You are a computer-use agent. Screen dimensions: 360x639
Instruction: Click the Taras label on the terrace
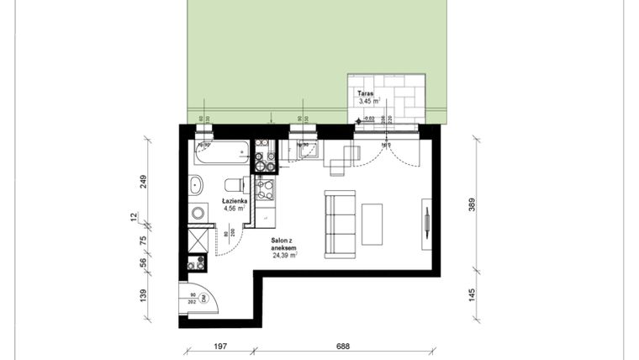[x=365, y=94]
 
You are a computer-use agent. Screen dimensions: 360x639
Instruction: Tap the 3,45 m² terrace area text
[x=368, y=102]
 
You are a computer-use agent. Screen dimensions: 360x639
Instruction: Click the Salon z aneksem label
[x=284, y=244]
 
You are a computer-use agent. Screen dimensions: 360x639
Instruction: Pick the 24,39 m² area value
[x=286, y=257]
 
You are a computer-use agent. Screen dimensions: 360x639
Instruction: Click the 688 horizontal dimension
[x=342, y=346]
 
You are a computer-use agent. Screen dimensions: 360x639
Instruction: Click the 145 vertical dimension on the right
[x=472, y=295]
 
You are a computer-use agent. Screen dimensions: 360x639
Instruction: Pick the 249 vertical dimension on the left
[x=144, y=181]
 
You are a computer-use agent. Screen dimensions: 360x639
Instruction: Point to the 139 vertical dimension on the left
[x=144, y=295]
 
